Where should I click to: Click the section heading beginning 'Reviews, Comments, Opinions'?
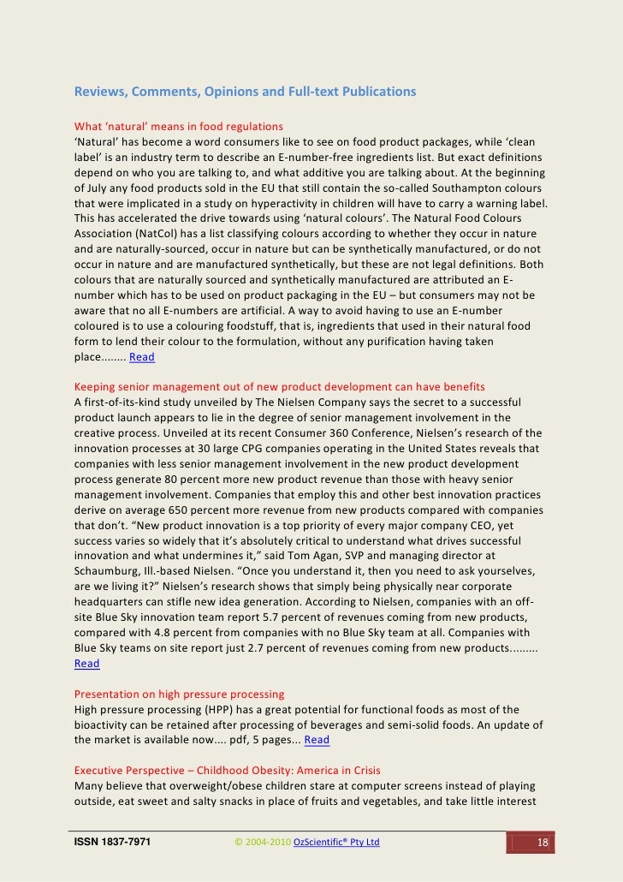[x=245, y=91]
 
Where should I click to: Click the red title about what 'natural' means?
[x=179, y=128]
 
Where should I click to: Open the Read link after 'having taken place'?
[x=142, y=357]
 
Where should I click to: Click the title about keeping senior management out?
[x=279, y=386]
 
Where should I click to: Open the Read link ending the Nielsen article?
[x=86, y=663]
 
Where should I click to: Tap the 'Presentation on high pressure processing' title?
[x=179, y=694]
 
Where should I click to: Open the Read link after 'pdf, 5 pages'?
[x=317, y=740]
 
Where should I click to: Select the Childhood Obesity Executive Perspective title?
[x=227, y=771]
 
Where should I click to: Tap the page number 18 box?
[x=541, y=843]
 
